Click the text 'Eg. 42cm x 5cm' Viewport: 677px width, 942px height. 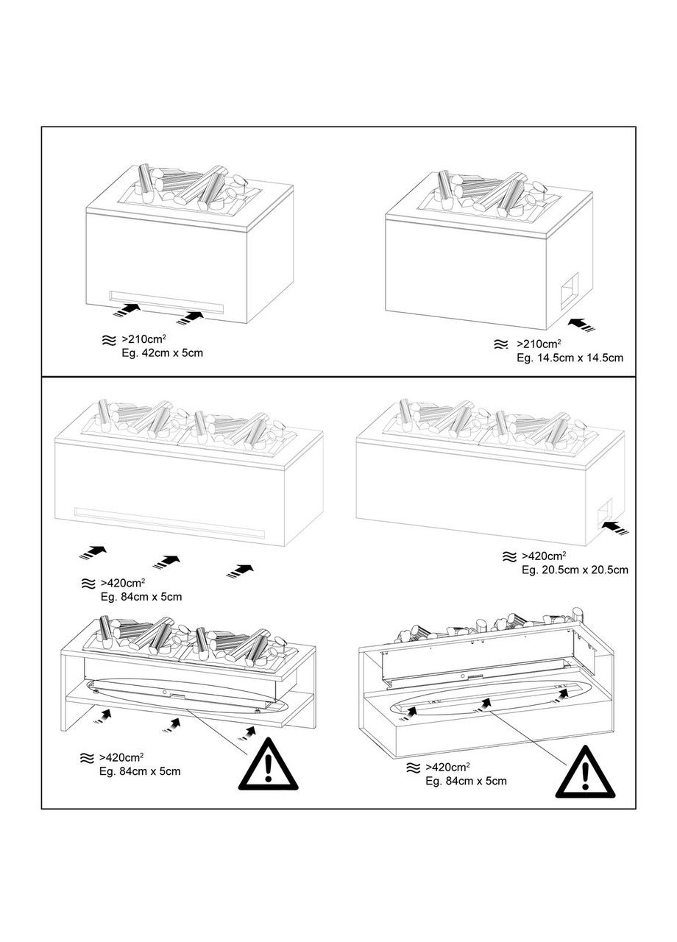tap(162, 353)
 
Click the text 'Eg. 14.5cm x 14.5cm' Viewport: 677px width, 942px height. tap(570, 358)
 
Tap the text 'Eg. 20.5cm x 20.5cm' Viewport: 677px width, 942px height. tap(575, 570)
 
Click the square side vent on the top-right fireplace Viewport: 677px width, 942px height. tap(569, 289)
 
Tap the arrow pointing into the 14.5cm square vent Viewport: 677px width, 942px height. tap(583, 325)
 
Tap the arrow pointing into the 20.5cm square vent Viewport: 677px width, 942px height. tap(614, 527)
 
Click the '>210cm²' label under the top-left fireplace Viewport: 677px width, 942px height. tap(143, 340)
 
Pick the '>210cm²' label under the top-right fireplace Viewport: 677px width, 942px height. tap(539, 344)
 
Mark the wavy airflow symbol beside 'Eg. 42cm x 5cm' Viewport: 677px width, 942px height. tap(108, 341)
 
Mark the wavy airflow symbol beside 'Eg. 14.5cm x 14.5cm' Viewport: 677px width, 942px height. tap(500, 344)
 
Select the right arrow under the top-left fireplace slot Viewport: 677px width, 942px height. tap(190, 317)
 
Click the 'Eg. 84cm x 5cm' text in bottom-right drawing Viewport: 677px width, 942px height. tap(466, 781)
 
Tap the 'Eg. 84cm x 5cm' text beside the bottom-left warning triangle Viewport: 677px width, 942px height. tap(140, 771)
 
